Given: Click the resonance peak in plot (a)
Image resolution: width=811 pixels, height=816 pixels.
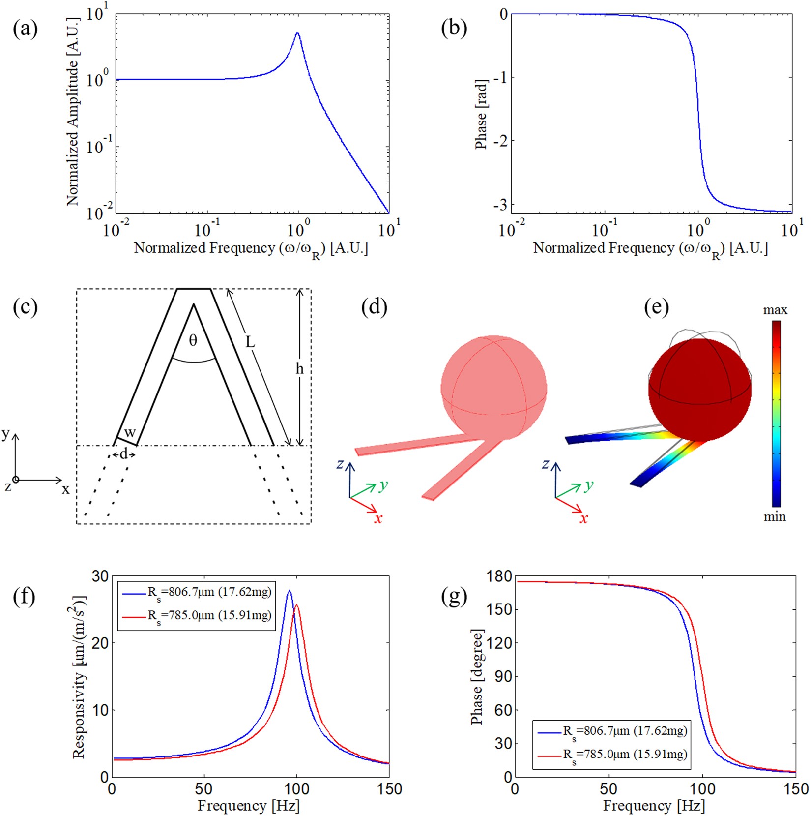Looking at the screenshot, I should tap(297, 33).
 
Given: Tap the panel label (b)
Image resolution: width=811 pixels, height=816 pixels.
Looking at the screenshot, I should tap(454, 29).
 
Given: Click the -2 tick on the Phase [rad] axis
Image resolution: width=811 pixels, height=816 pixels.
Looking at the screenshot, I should tap(500, 141).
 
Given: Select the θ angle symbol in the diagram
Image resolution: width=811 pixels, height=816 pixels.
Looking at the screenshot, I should tap(193, 340).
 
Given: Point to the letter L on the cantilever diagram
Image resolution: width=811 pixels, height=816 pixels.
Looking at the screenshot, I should tap(250, 341).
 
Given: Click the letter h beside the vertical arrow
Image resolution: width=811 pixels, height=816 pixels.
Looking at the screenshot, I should tap(299, 368).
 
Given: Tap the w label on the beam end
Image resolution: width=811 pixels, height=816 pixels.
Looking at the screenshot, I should tap(129, 433).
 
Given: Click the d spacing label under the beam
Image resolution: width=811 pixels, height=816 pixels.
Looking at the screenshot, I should tap(123, 454).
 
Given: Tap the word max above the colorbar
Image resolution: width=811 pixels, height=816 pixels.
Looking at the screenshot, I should tap(775, 310).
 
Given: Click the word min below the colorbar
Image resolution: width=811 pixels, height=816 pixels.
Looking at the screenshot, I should tap(774, 516).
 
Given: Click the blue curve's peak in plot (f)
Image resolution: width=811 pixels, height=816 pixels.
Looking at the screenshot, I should tap(289, 591).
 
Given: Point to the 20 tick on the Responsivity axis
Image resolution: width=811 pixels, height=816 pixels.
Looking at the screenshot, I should tap(100, 643).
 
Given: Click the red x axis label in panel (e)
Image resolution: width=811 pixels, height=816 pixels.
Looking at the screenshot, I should tap(583, 518).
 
